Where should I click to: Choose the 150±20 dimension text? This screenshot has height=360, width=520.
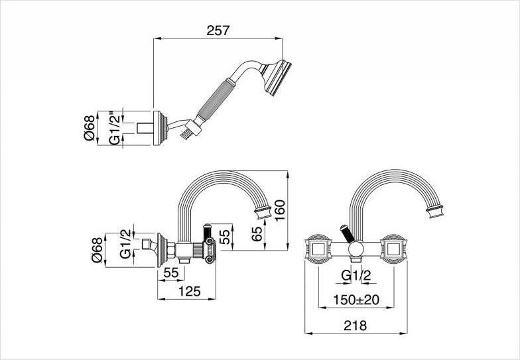[x=356, y=300]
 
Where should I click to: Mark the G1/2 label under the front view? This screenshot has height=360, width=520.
[x=356, y=274]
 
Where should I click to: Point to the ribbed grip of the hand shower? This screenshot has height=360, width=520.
[x=216, y=101]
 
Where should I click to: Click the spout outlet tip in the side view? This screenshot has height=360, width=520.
[x=263, y=212]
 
